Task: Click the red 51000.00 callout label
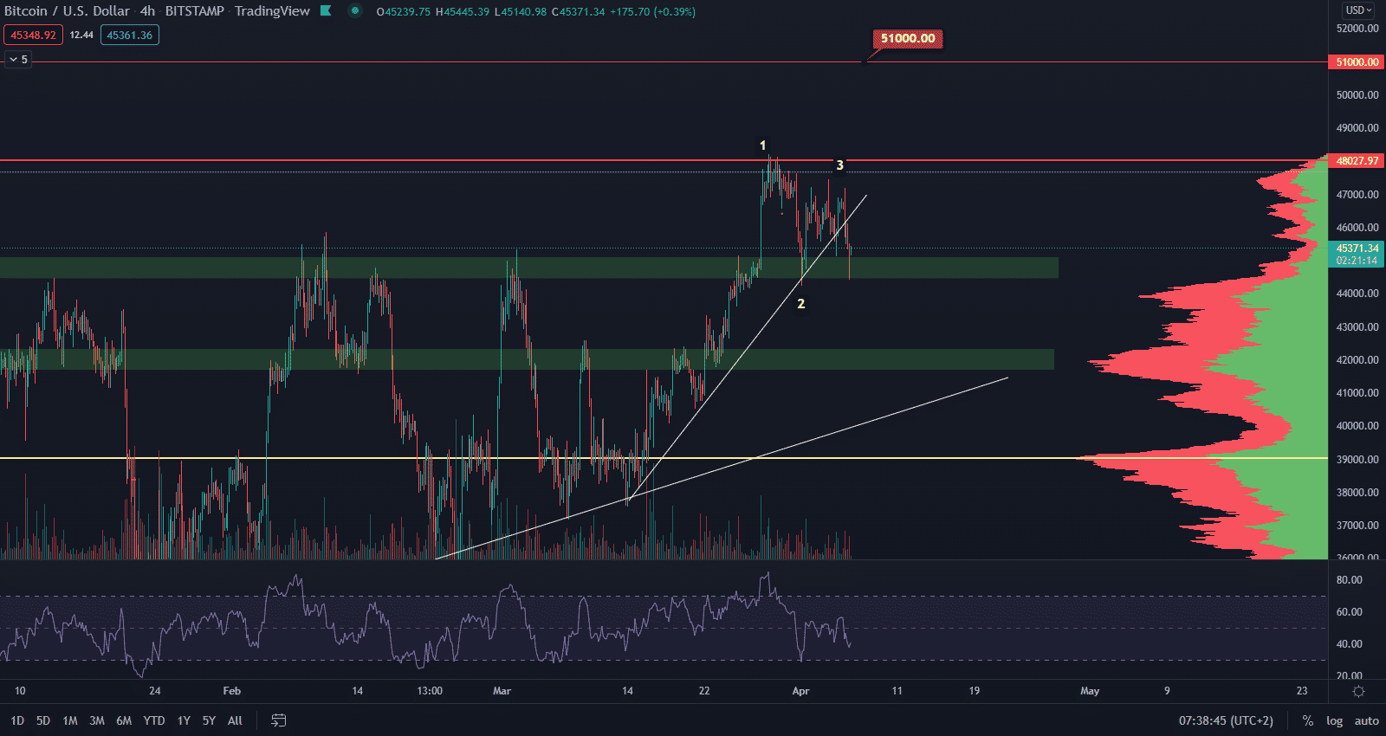click(x=908, y=38)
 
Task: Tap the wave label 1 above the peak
click(x=762, y=145)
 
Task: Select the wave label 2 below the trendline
click(x=801, y=304)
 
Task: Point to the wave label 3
click(x=839, y=165)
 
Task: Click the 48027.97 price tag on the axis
click(x=1357, y=161)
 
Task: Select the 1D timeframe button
click(x=17, y=720)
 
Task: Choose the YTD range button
click(x=154, y=720)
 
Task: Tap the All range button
click(x=235, y=720)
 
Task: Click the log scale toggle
click(x=1334, y=720)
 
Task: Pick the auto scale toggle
click(x=1366, y=720)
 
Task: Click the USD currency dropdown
click(x=1357, y=10)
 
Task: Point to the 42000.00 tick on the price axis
click(x=1357, y=360)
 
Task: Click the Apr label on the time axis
click(x=800, y=691)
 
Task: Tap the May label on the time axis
click(x=1090, y=691)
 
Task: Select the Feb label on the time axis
click(x=231, y=691)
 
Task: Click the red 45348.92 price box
click(x=33, y=36)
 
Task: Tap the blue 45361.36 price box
click(x=130, y=36)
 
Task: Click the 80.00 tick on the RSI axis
click(x=1350, y=580)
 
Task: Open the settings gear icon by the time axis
click(x=1358, y=691)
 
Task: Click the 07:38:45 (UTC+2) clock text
click(x=1226, y=720)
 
